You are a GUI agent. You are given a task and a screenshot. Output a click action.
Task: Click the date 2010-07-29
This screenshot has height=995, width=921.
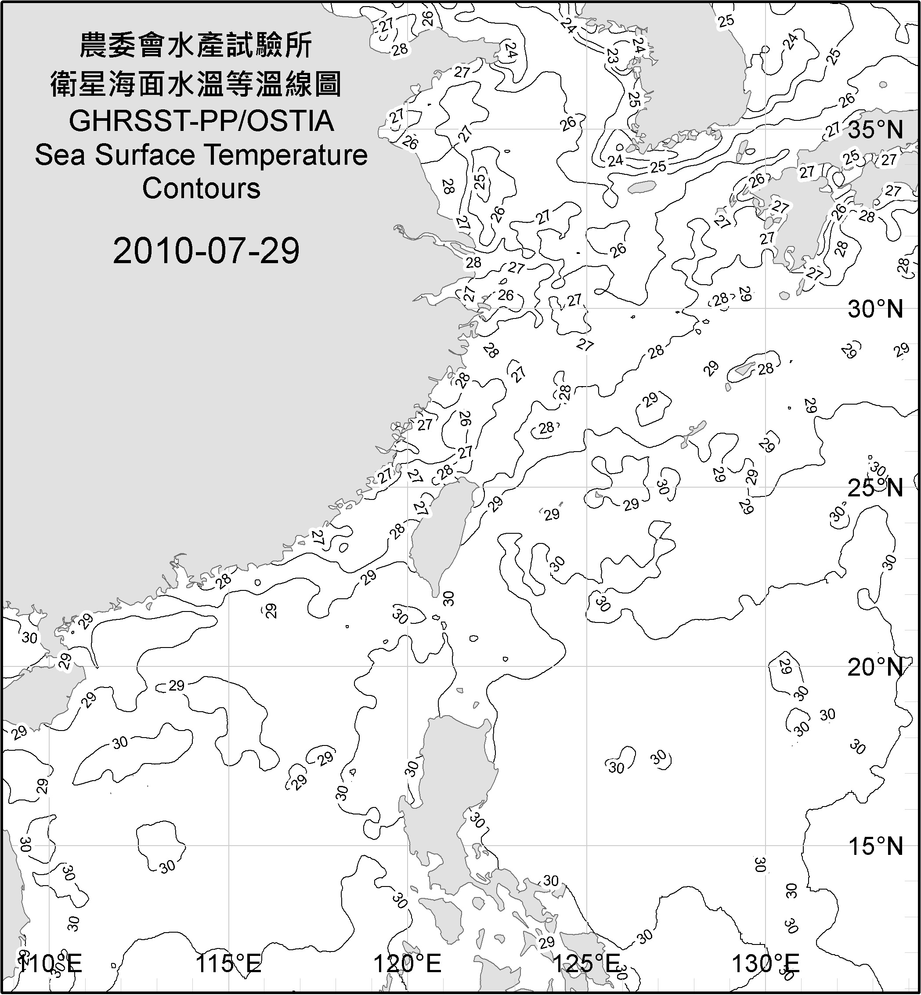click(x=206, y=251)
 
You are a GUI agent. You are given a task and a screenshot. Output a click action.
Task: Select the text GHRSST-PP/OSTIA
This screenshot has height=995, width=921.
click(x=201, y=121)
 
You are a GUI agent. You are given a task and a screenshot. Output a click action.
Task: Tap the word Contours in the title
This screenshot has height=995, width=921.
click(x=201, y=188)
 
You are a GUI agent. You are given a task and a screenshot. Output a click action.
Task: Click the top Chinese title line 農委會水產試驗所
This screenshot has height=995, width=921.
click(x=196, y=45)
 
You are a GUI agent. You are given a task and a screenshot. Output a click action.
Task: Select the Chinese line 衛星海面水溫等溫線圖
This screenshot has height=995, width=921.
click(x=196, y=83)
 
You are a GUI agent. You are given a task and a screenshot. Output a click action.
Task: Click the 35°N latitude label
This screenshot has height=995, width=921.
click(x=875, y=130)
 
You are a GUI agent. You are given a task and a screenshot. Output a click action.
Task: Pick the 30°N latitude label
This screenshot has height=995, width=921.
click(x=875, y=310)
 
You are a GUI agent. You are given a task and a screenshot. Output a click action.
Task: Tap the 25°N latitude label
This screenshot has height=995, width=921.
click(x=875, y=488)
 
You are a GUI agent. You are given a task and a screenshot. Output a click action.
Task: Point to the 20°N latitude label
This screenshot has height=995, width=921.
click(x=875, y=667)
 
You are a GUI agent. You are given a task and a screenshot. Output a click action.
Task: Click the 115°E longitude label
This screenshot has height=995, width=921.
click(x=228, y=964)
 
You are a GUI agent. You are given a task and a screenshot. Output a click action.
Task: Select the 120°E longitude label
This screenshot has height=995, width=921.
click(x=407, y=964)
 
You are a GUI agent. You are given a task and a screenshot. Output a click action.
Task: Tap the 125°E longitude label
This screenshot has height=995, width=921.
click(x=586, y=964)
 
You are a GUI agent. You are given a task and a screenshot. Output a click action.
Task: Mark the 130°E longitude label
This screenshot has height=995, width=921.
click(x=765, y=964)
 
